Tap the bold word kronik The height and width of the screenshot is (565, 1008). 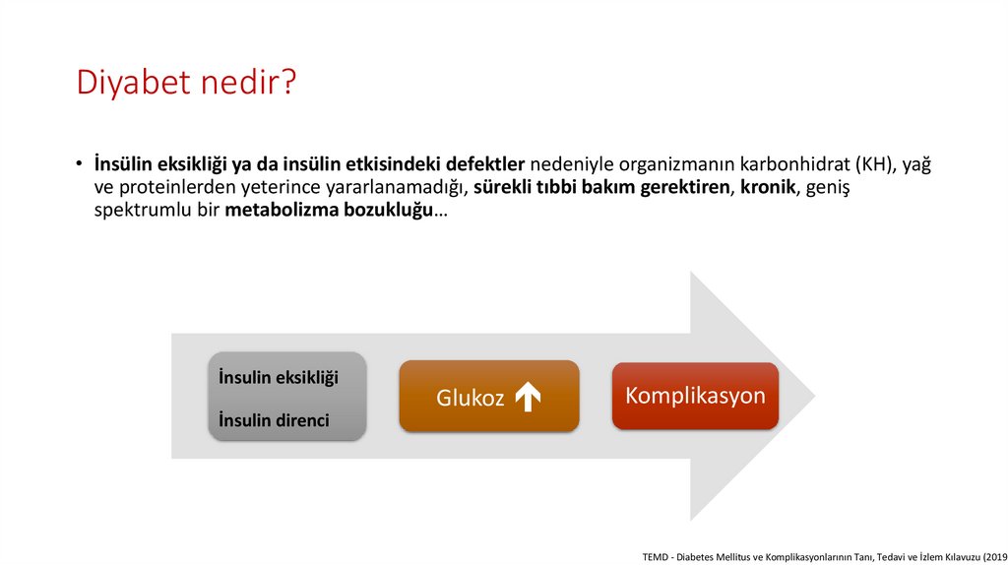pos(768,188)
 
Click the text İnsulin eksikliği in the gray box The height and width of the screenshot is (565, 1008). pos(278,378)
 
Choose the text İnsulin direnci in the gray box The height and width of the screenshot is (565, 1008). pos(274,421)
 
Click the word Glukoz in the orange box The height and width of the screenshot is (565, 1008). pos(470,398)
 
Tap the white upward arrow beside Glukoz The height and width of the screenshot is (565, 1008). pos(528,397)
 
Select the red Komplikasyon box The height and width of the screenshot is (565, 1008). pos(695,396)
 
